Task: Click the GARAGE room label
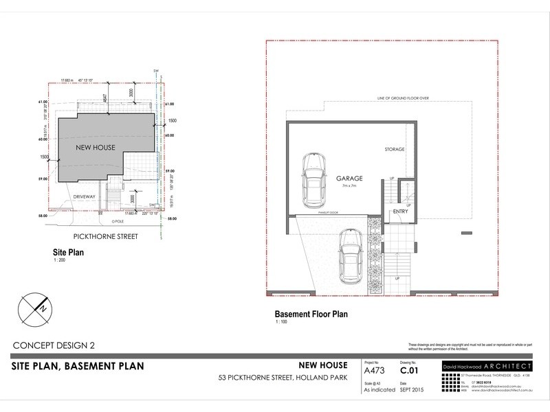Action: (x=349, y=177)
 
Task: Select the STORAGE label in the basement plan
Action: (x=394, y=148)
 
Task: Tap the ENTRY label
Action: (x=401, y=211)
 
